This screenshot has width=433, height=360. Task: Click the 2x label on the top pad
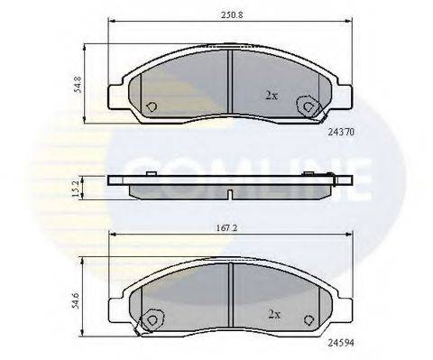271,94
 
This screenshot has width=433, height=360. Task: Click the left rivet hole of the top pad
151,105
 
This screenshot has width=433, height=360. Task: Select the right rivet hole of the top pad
311,107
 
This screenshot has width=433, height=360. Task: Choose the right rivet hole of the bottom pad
309,318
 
